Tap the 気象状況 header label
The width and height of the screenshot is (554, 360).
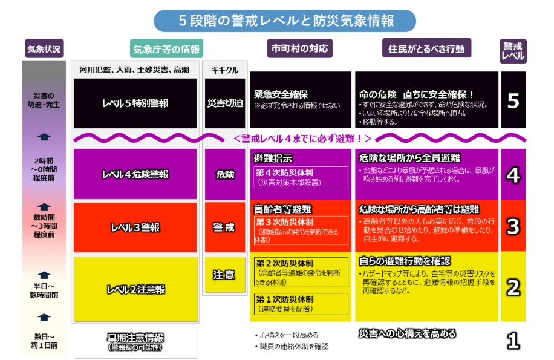coord(44,48)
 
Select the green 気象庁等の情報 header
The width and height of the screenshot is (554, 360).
coord(166,49)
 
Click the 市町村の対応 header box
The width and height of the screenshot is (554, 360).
coord(299,48)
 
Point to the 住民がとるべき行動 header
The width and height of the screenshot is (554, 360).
coord(426,48)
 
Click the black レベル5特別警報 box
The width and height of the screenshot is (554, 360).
coord(135,103)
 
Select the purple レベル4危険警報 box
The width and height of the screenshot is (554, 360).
coord(135,174)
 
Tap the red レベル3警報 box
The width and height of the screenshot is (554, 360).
coord(135,227)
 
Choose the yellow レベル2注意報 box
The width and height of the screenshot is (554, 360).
coord(135,289)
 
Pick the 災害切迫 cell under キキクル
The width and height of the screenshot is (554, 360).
coord(225,103)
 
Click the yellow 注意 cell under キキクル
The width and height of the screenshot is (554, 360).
coord(225,275)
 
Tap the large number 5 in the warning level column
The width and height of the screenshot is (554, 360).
coord(513,101)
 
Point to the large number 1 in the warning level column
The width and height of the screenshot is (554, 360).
coord(513,341)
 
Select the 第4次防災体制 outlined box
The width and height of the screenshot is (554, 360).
coord(301,177)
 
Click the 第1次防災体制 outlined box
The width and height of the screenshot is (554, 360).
coord(301,304)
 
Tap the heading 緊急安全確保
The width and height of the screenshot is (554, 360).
coord(281,94)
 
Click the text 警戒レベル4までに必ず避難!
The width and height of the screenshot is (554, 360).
coord(302,139)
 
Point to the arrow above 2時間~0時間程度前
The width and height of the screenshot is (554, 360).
coord(44,137)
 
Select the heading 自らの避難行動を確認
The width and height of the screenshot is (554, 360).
coord(405,261)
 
